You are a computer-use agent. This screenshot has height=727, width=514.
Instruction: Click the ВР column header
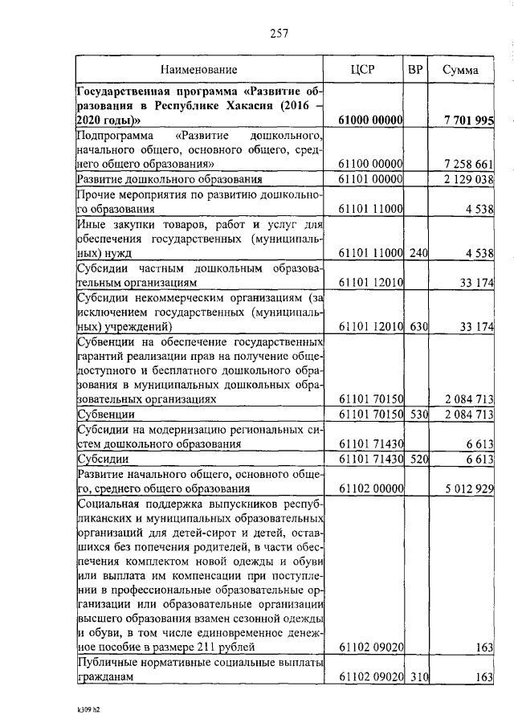(x=415, y=69)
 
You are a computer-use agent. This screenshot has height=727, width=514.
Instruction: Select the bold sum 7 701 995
(x=467, y=120)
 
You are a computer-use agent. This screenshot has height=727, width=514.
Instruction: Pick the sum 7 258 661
(x=467, y=164)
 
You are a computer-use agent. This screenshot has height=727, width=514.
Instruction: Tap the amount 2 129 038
(x=467, y=179)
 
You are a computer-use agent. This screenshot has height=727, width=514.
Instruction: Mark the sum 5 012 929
(x=467, y=488)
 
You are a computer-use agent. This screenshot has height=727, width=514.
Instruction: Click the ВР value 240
(x=415, y=253)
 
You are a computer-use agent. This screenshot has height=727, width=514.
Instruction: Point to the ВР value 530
(x=415, y=414)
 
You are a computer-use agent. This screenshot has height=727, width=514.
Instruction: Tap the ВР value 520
(x=415, y=458)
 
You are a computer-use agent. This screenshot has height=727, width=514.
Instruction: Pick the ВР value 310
(x=415, y=677)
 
